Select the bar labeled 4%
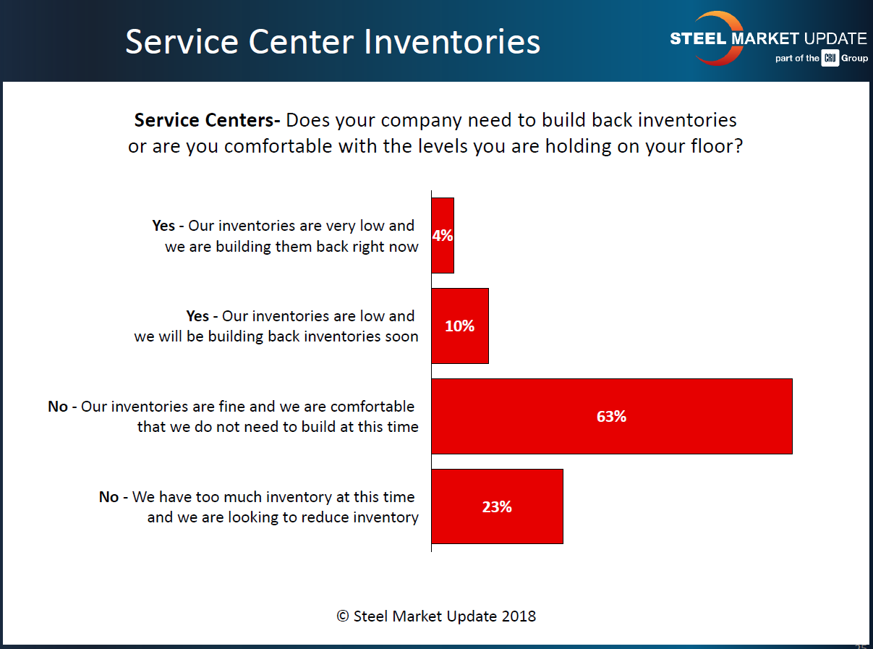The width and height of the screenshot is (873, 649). click(443, 253)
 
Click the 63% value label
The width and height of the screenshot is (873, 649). click(611, 417)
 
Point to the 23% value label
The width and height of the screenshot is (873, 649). click(497, 507)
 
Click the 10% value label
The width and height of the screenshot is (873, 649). click(459, 326)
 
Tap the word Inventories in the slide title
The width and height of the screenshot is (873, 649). click(452, 42)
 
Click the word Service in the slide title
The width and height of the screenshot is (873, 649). click(183, 42)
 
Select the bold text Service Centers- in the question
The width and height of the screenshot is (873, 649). click(208, 119)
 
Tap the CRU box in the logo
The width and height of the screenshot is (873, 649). click(830, 59)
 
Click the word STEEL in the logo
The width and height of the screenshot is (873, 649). click(697, 39)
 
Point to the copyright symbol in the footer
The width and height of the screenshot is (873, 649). click(343, 616)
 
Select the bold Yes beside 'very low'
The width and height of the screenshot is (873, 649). click(163, 226)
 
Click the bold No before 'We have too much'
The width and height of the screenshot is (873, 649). click(108, 497)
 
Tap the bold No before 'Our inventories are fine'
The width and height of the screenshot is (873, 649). click(58, 407)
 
